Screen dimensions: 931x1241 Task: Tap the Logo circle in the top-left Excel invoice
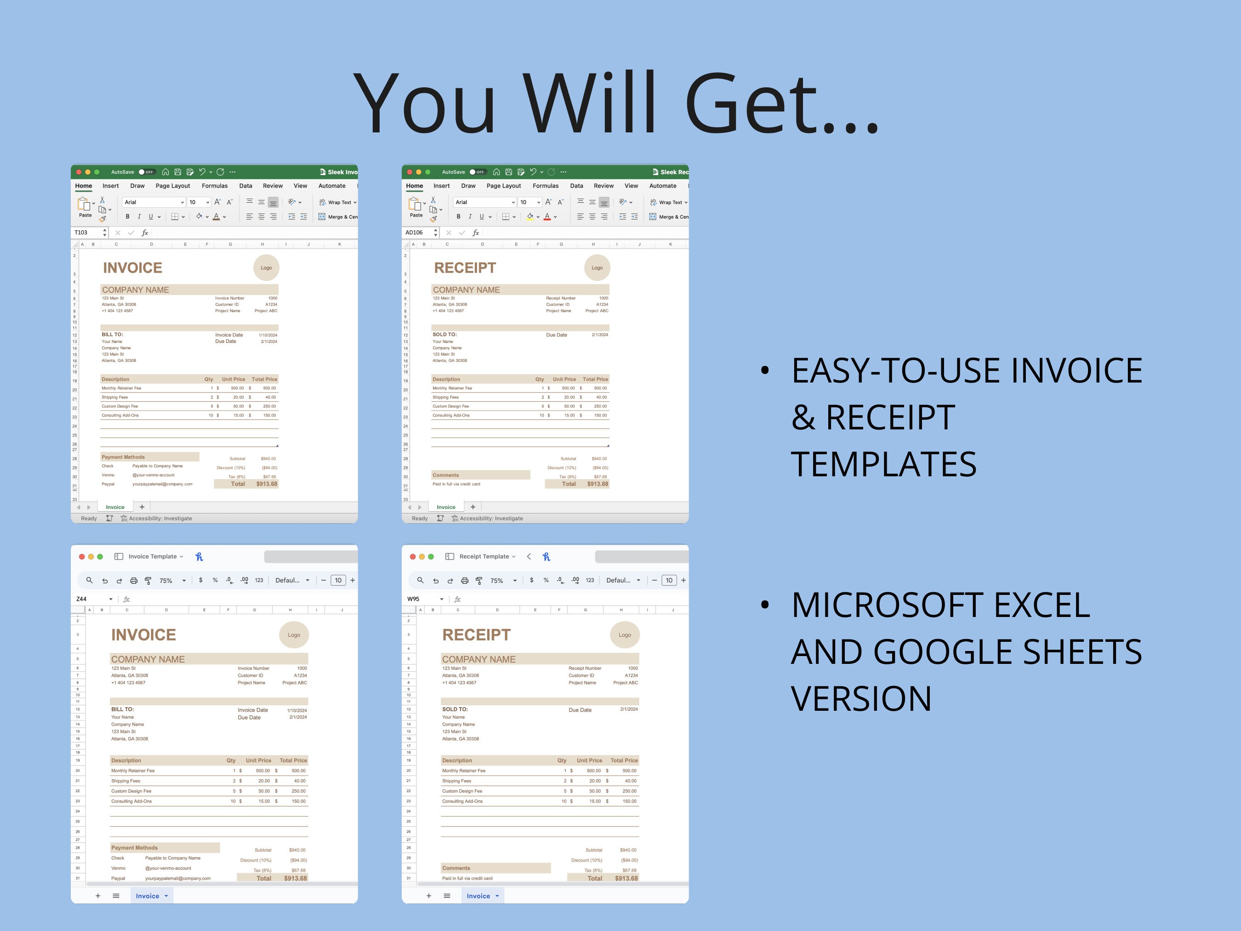pyautogui.click(x=266, y=268)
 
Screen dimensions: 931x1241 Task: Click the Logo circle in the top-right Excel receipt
pyautogui.click(x=597, y=268)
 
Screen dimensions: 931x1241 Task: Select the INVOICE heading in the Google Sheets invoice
pyautogui.click(x=143, y=635)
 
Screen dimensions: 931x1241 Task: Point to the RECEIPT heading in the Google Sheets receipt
pyautogui.click(x=476, y=635)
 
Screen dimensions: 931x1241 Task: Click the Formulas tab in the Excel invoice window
pyautogui.click(x=214, y=186)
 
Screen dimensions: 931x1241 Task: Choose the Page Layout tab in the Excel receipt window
pyautogui.click(x=503, y=186)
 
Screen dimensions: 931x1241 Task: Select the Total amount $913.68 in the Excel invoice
pyautogui.click(x=267, y=484)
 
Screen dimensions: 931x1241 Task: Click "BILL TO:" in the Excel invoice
pyautogui.click(x=112, y=334)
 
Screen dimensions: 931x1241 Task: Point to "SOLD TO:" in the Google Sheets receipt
pyautogui.click(x=455, y=709)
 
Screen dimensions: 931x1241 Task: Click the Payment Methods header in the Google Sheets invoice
pyautogui.click(x=135, y=848)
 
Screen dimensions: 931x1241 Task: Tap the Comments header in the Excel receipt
pyautogui.click(x=445, y=475)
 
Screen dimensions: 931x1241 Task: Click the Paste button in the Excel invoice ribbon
pyautogui.click(x=85, y=206)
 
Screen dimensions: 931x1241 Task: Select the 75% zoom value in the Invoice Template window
pyautogui.click(x=166, y=581)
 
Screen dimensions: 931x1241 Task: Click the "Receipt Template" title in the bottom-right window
pyautogui.click(x=484, y=557)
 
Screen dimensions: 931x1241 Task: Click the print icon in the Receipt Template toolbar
pyautogui.click(x=465, y=581)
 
